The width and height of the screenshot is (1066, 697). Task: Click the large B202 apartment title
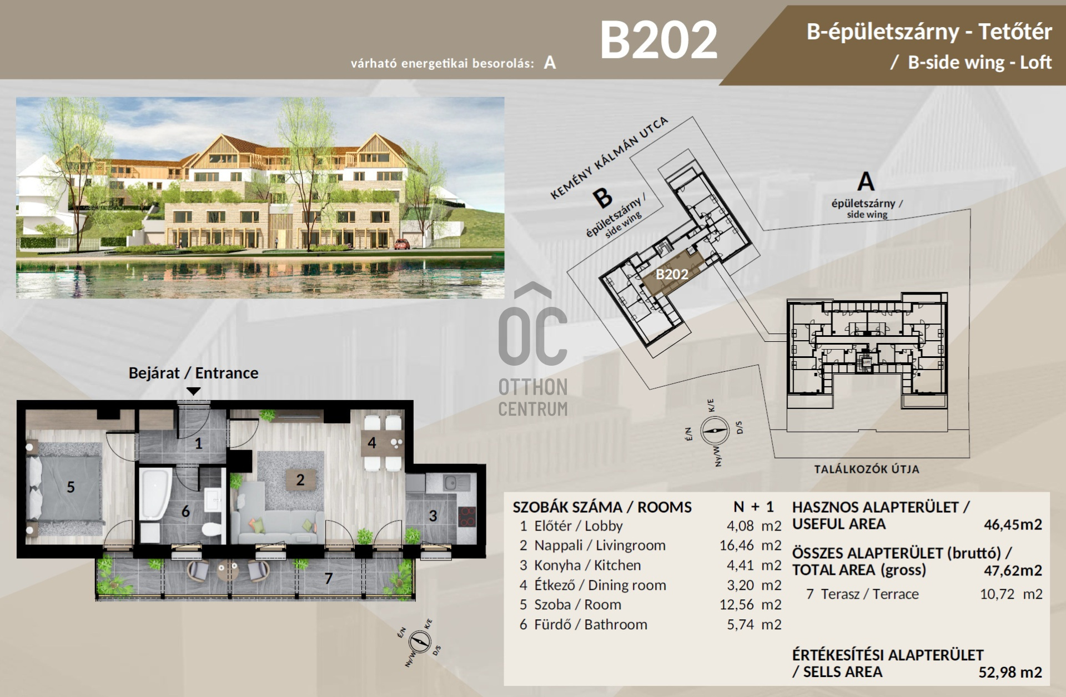(659, 40)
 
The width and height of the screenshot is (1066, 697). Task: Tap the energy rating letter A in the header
(550, 63)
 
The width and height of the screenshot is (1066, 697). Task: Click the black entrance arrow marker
(193, 391)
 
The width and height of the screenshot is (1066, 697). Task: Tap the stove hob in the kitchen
(467, 517)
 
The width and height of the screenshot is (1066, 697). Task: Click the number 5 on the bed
(71, 487)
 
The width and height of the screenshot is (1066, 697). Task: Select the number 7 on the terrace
(329, 578)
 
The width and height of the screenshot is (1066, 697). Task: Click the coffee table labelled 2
(300, 479)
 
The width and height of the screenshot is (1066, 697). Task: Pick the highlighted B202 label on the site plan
(672, 274)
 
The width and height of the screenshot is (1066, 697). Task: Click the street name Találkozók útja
(867, 469)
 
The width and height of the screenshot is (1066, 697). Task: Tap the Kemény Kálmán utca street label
(609, 158)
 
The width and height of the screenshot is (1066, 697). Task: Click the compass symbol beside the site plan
(714, 431)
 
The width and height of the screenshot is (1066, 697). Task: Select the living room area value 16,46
(736, 546)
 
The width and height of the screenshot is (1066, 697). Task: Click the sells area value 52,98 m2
(1010, 672)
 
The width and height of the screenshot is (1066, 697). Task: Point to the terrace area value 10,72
(997, 594)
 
